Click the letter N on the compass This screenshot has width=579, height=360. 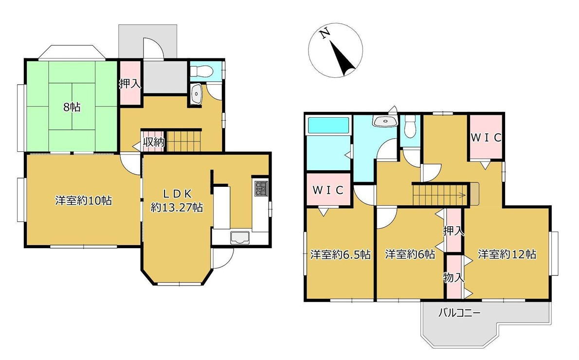325,34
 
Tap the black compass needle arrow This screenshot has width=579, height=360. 343,58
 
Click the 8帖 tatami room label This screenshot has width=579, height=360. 72,108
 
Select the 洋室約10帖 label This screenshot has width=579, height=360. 84,200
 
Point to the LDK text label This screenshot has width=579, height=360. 177,194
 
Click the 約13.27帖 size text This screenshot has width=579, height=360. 177,208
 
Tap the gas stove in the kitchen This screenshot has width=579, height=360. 261,188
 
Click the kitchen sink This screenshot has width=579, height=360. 240,238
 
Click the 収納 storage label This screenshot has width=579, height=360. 154,142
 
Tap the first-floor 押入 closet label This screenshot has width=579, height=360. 130,84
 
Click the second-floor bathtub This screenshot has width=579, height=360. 328,125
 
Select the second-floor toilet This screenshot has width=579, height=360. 410,126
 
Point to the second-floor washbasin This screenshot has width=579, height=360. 385,121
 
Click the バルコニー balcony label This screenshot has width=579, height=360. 459,313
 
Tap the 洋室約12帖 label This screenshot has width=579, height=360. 507,254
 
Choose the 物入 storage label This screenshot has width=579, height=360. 454,277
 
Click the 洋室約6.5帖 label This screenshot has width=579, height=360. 341,254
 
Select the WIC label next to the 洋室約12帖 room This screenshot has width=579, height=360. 487,138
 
